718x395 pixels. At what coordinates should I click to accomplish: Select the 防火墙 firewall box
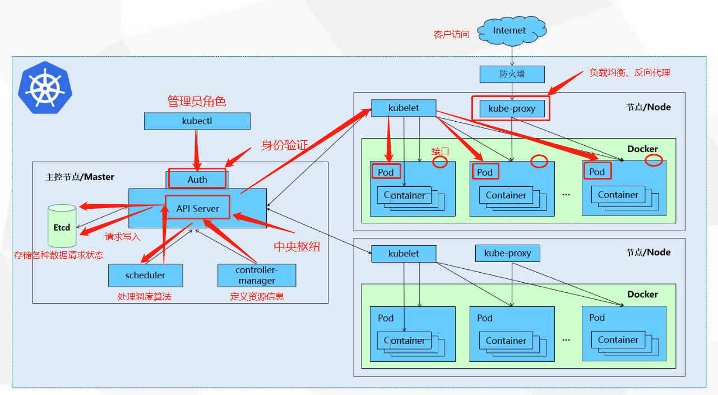512,74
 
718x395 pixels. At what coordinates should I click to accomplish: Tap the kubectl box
197,121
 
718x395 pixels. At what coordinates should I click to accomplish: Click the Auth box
197,180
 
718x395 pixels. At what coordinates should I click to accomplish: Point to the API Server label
198,208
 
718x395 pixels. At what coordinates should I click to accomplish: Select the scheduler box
145,275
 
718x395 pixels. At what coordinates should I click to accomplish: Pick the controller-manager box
256,275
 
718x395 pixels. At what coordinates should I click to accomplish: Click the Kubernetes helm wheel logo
45,89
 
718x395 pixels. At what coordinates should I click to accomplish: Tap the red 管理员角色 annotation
197,102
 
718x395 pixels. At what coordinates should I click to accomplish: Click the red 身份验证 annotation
284,145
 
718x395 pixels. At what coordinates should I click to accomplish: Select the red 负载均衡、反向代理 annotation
629,73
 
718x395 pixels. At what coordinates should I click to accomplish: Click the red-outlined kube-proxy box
511,108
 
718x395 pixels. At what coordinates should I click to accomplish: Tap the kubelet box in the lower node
403,254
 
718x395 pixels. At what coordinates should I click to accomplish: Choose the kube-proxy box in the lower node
507,254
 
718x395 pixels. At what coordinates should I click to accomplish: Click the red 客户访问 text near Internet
451,35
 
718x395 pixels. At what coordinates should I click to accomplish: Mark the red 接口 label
440,151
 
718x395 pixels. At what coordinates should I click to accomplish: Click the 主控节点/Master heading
80,177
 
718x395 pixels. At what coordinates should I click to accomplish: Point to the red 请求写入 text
123,237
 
